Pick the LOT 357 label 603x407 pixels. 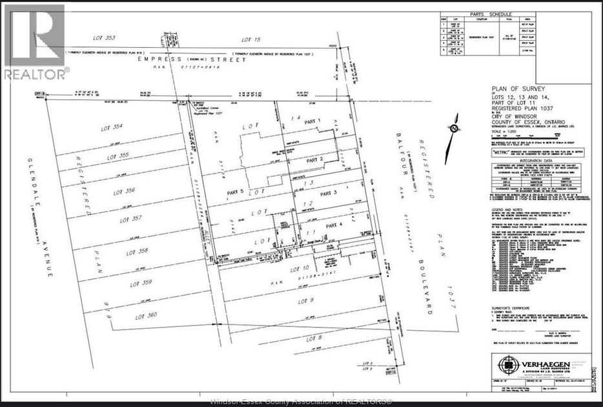click(x=127, y=220)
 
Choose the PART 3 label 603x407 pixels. click(x=328, y=193)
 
